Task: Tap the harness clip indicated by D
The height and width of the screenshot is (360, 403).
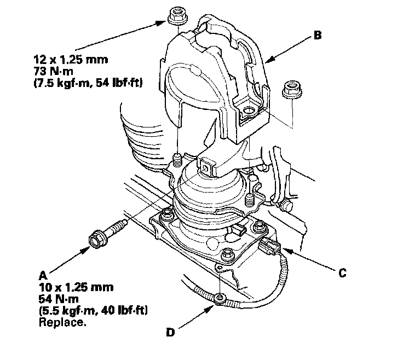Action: click(219, 298)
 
